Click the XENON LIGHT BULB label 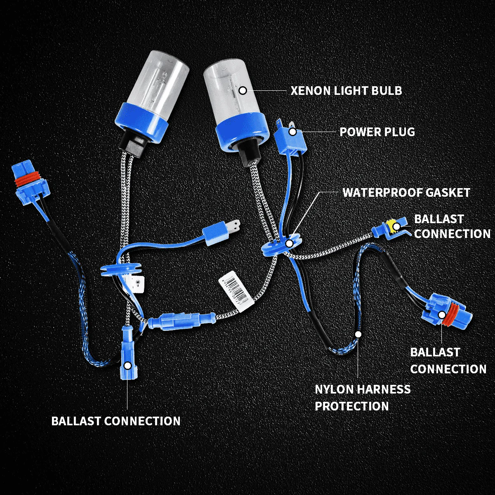pyautogui.click(x=346, y=90)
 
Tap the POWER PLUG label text pyautogui.click(x=377, y=132)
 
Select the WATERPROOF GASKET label pyautogui.click(x=406, y=193)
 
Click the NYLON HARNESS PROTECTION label pyautogui.click(x=362, y=398)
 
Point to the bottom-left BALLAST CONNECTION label pyautogui.click(x=116, y=421)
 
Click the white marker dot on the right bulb pyautogui.click(x=243, y=90)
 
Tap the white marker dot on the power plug pyautogui.click(x=293, y=132)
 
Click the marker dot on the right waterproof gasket pyautogui.click(x=290, y=244)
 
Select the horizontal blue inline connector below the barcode pyautogui.click(x=181, y=321)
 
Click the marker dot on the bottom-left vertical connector pyautogui.click(x=128, y=365)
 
